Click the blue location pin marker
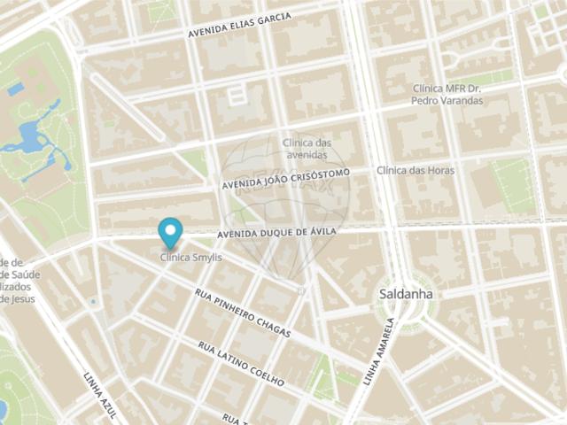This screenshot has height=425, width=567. pos(169,232)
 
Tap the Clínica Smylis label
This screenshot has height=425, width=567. pos(190,258)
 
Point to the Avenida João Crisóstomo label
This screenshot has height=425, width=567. pos(286,178)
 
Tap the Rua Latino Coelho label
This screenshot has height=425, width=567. pos(241,364)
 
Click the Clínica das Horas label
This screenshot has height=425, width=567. pos(416,170)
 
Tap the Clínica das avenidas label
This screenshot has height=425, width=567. pos(307,148)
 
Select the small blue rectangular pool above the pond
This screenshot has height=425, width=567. pos(15,89)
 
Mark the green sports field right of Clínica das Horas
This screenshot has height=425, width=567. pos(513,185)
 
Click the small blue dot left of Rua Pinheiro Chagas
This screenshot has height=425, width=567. pos(93,302)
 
